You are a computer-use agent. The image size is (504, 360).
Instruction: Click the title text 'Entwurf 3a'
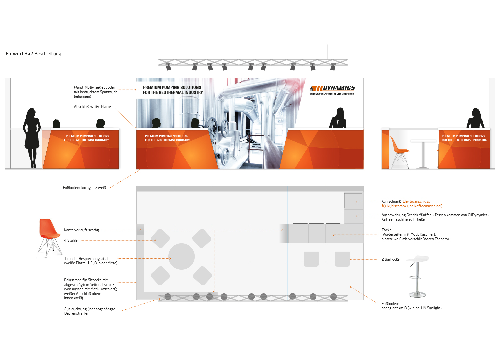point(18,54)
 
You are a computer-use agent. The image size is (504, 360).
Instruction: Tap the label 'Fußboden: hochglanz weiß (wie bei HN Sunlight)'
point(411,306)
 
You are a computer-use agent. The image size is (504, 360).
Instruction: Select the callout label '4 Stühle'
point(71,240)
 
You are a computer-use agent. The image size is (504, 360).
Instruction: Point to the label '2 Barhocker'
point(391,259)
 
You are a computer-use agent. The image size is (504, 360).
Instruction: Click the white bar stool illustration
point(417,276)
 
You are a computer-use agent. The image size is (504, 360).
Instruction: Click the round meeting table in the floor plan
point(181,256)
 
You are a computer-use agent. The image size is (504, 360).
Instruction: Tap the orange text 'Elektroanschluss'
point(416,201)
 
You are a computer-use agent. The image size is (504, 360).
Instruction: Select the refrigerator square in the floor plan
point(353,201)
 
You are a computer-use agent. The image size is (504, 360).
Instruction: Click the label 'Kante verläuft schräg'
point(81,230)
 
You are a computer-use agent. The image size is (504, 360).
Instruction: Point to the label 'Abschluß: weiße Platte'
point(92,107)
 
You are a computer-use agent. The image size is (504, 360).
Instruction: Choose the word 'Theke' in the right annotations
point(387,230)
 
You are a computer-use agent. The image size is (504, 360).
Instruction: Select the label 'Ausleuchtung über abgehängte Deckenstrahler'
point(89,311)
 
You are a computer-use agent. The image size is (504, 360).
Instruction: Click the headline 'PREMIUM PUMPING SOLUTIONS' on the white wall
point(172,88)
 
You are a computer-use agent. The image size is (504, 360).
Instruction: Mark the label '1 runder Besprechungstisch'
point(87,259)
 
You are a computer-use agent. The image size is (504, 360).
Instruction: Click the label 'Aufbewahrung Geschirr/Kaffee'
point(407,215)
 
